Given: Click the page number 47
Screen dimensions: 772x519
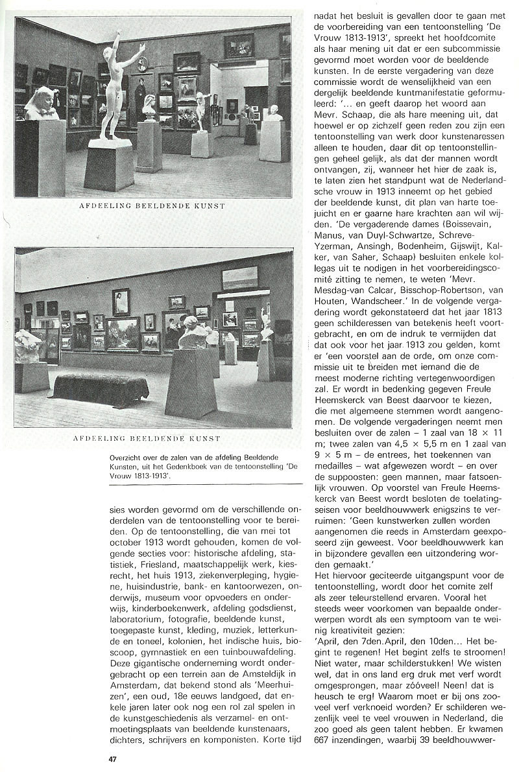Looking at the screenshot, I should (x=112, y=758).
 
